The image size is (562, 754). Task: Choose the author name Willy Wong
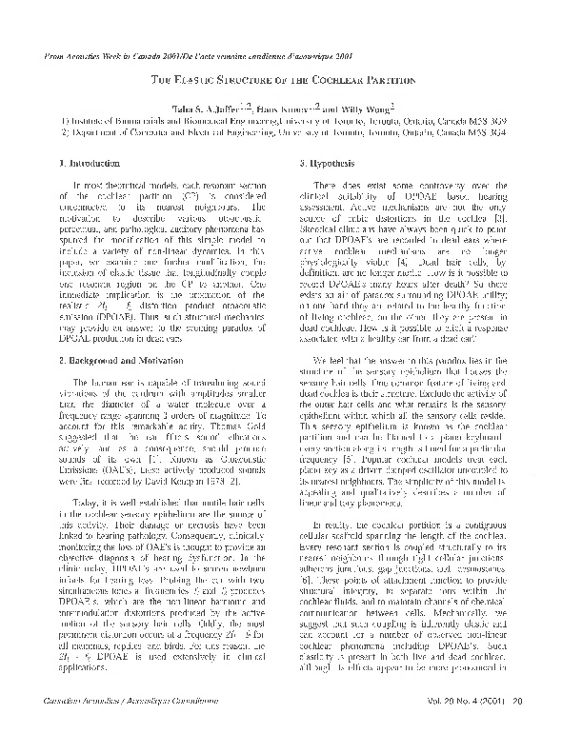click(x=368, y=109)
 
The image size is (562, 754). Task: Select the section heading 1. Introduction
click(x=91, y=165)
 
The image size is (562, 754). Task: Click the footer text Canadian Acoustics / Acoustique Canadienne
click(x=121, y=727)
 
